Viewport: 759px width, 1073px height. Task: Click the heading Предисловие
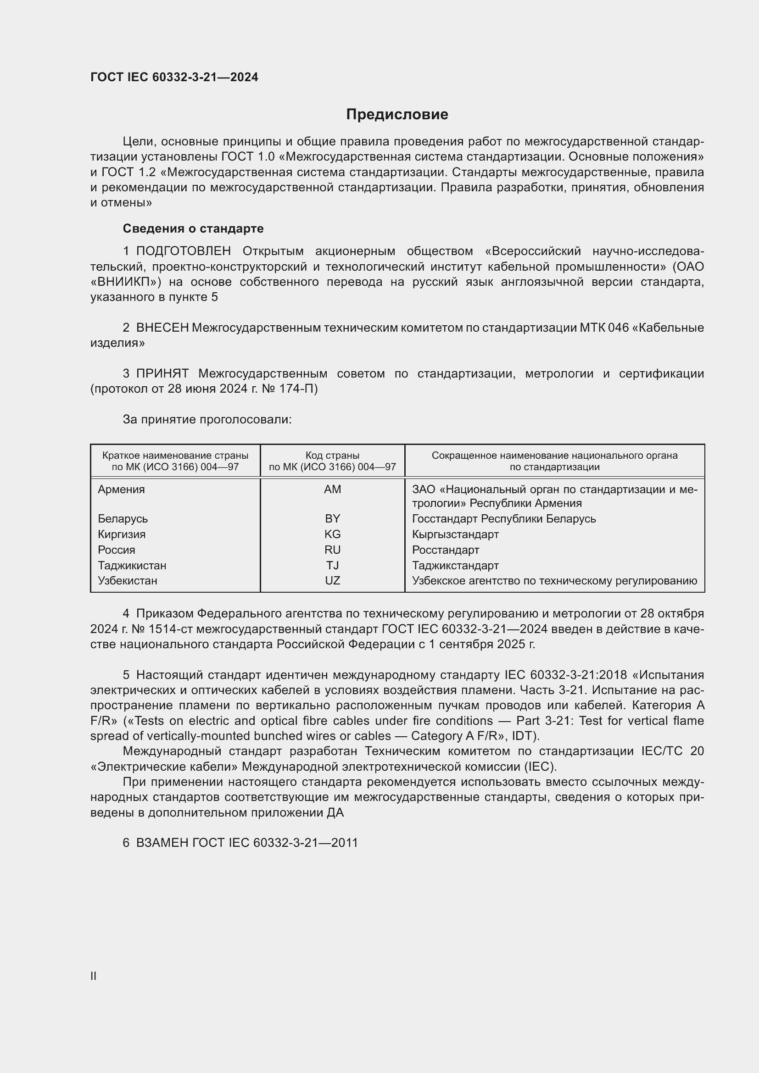click(397, 115)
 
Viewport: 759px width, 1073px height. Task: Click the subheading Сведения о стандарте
click(193, 228)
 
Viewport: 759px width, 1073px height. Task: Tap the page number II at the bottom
click(94, 976)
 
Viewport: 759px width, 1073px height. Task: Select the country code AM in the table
click(332, 489)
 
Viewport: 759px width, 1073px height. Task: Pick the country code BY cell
click(332, 519)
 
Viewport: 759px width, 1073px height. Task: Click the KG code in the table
click(332, 534)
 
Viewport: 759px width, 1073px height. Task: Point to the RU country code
click(332, 550)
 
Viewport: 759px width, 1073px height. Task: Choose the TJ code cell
click(332, 566)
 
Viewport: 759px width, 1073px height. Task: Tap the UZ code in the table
click(332, 580)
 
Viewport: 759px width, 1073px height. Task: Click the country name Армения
click(122, 489)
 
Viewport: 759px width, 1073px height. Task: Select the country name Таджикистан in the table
click(132, 566)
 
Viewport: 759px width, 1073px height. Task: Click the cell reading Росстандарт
click(446, 550)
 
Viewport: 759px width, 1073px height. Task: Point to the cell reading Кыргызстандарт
click(455, 534)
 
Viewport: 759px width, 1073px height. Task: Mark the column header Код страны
click(332, 455)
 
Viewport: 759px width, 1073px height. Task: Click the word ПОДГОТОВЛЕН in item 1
click(183, 251)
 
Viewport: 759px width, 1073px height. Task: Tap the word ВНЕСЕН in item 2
click(162, 328)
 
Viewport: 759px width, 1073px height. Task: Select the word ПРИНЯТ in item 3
click(162, 374)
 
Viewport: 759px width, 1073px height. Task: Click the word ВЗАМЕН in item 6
click(162, 843)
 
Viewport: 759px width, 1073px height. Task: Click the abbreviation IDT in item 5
click(524, 735)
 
